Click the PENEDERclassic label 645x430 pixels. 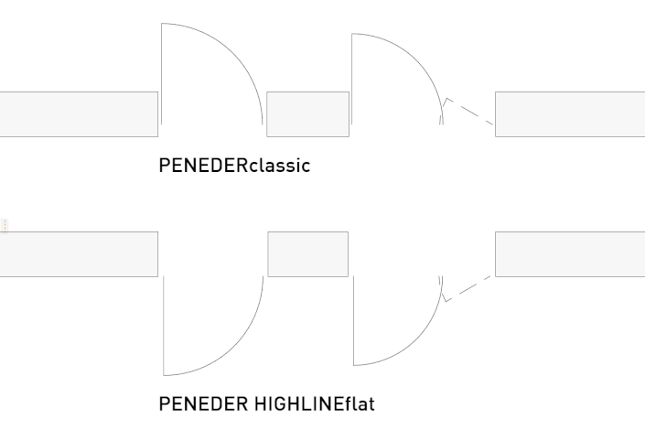[234, 166]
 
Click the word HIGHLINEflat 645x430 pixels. [311, 403]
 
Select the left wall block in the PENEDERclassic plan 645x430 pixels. [79, 114]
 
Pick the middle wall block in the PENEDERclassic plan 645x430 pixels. [307, 114]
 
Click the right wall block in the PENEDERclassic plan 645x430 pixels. [569, 114]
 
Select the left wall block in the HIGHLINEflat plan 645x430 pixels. [79, 253]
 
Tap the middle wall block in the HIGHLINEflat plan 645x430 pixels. [307, 253]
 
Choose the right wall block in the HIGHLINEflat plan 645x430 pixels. [569, 253]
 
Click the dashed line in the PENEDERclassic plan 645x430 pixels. [468, 112]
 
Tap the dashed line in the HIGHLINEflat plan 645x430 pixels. [468, 287]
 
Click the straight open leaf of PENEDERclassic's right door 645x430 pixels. [352, 78]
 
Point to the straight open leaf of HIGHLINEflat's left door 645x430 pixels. [164, 325]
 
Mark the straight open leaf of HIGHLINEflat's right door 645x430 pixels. [353, 320]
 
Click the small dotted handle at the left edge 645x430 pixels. [4, 225]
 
